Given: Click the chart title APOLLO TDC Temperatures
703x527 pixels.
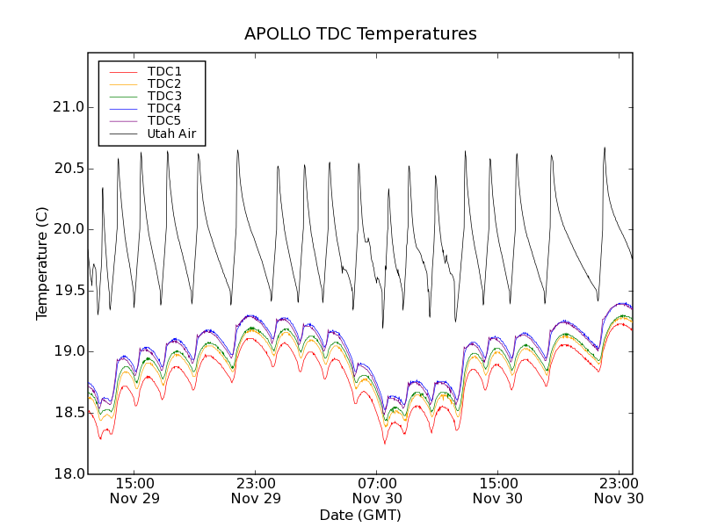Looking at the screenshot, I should coord(360,34).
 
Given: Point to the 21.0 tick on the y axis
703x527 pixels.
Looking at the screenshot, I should coord(68,107).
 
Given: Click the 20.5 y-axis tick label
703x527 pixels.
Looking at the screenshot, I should coord(68,169).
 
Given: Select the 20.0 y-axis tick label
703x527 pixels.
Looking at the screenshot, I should coord(68,229).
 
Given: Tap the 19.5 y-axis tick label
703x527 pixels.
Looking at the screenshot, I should coord(68,291).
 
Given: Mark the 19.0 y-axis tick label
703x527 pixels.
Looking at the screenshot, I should coord(68,351).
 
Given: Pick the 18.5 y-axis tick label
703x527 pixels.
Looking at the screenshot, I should coord(68,413).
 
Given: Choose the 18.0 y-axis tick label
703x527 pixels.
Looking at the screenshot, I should coord(68,474).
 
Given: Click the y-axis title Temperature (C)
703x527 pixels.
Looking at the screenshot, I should coord(42,263).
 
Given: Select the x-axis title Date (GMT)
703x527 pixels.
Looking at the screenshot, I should coord(360,515).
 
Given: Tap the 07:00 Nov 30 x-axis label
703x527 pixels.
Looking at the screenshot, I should coord(377,490).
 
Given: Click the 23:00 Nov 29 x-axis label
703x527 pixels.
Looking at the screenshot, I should coord(256,490).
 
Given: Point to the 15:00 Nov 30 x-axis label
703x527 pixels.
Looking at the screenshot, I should coord(498,490).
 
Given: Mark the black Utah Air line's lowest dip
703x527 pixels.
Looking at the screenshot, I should coord(383,328).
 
